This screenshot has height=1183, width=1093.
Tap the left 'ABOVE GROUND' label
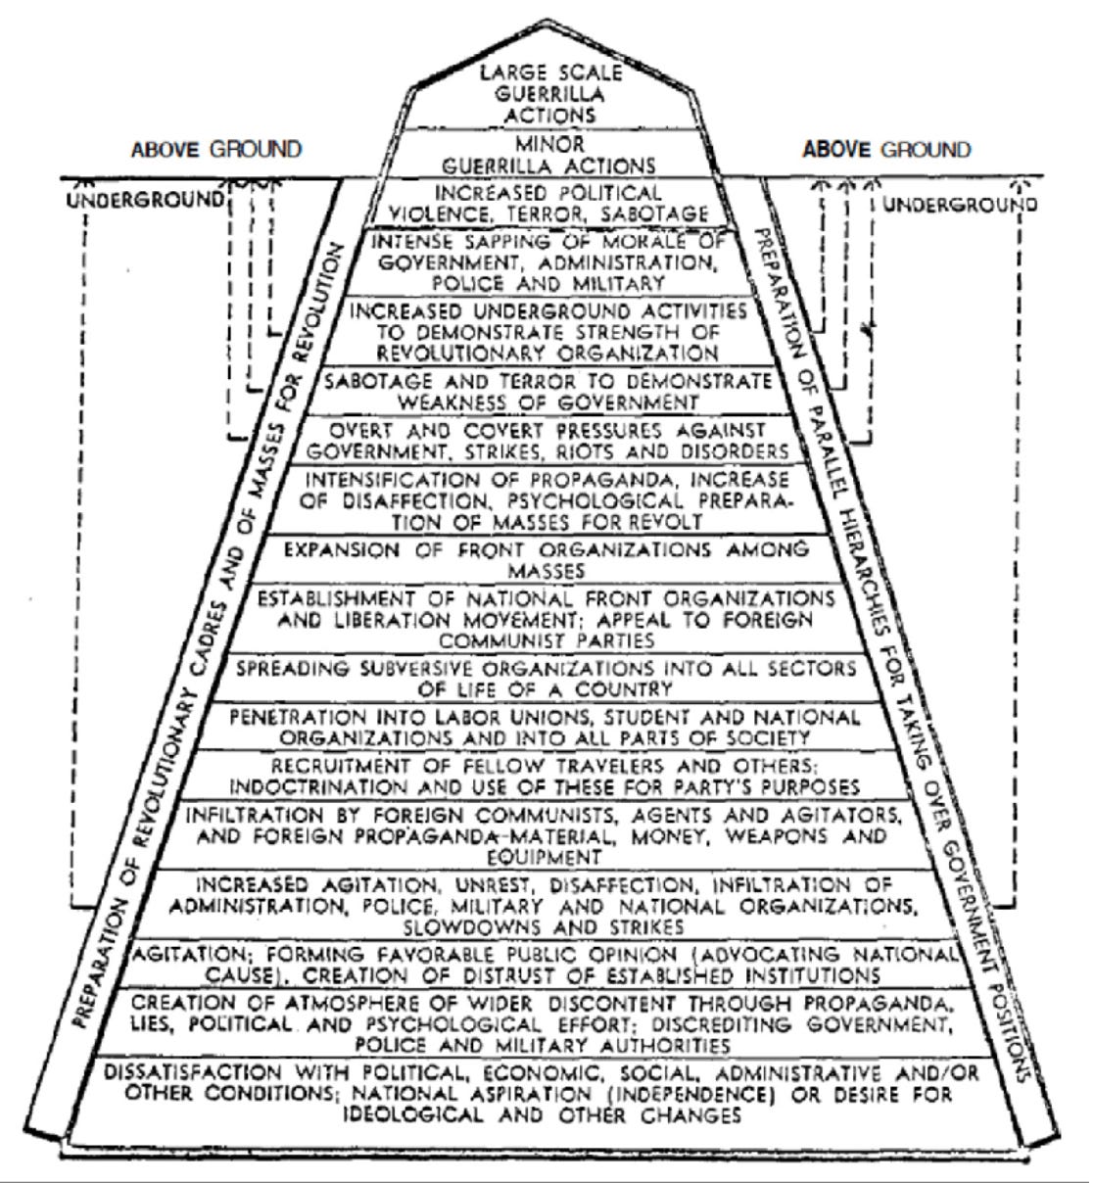pos(216,150)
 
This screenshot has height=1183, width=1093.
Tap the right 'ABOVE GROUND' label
pos(885,150)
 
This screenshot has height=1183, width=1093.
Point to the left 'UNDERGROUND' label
pos(145,200)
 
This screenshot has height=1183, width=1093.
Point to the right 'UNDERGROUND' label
pos(960,205)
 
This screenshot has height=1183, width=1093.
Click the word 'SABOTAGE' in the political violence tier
pos(665,213)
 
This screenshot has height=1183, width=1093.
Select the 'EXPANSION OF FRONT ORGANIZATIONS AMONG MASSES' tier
pos(546,559)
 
